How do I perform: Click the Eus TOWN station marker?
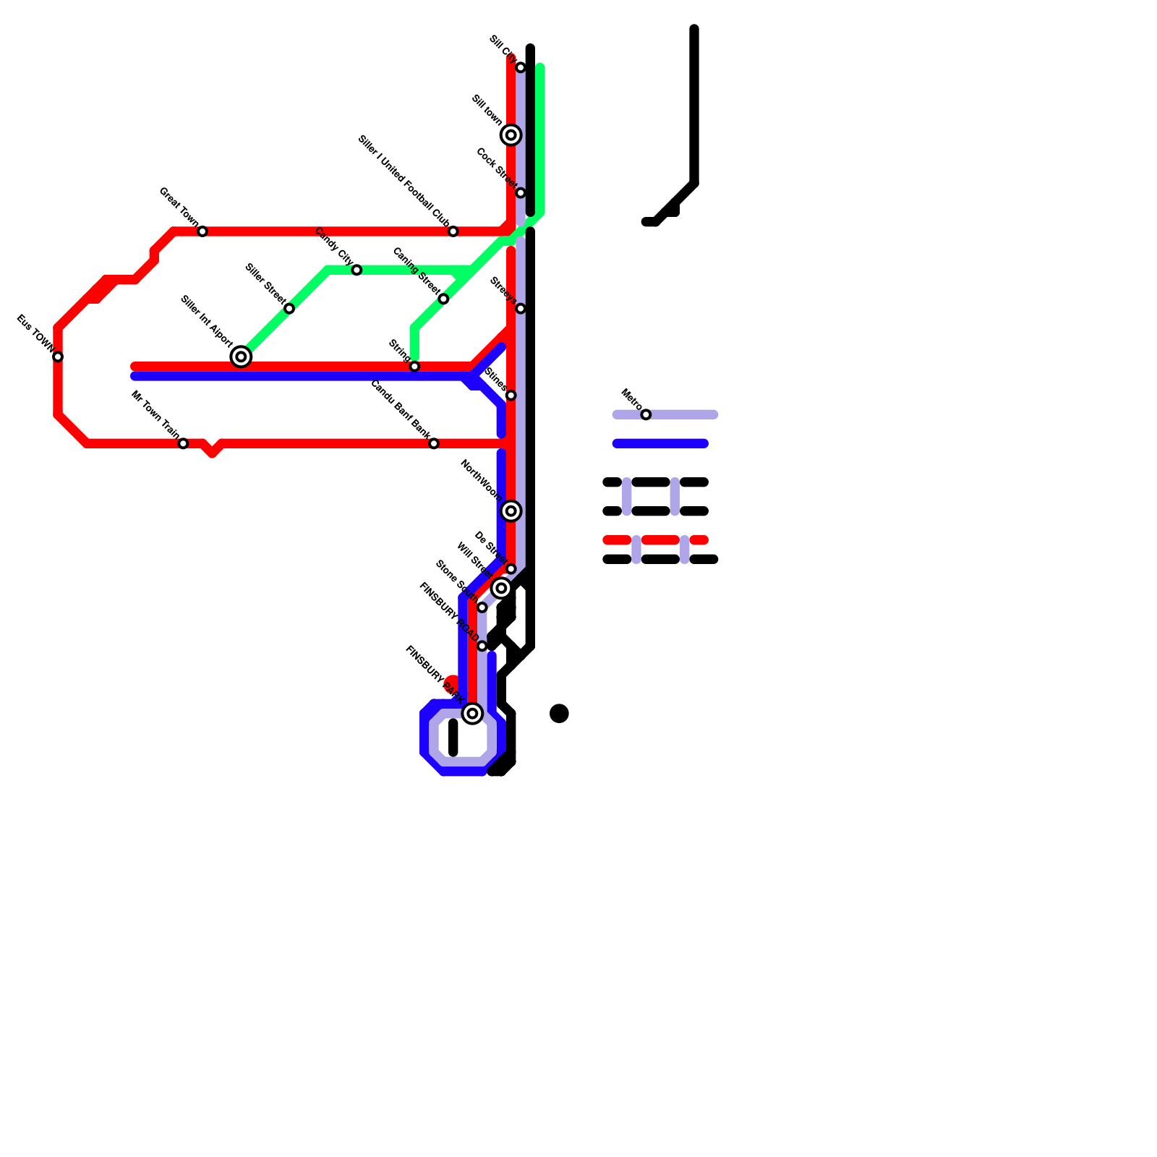58,357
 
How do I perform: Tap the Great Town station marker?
202,231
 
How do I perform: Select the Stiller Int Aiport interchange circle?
241,357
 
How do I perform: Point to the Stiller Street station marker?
289,309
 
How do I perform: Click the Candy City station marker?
357,270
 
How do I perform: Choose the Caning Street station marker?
443,299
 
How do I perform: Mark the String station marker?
414,367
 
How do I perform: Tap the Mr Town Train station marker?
183,443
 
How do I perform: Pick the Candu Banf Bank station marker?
434,443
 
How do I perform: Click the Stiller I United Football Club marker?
453,231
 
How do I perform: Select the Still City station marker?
521,67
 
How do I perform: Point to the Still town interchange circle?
511,135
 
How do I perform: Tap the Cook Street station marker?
521,193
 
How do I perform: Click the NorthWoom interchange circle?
511,511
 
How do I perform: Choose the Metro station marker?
646,414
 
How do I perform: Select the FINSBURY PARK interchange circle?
472,714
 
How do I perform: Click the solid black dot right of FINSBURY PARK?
559,714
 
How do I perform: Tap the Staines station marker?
511,396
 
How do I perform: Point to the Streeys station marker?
521,309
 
